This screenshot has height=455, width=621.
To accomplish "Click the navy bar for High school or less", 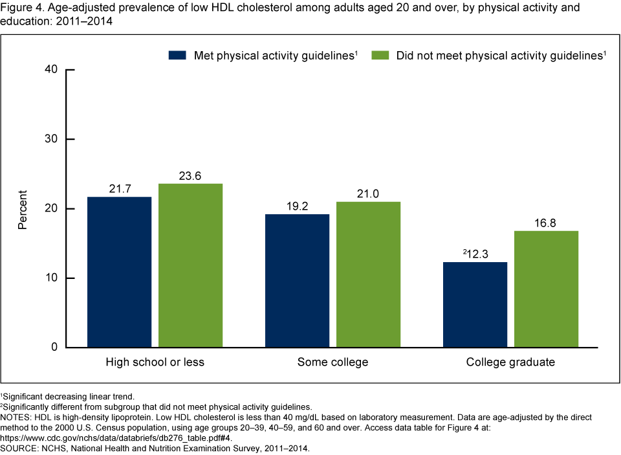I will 119,272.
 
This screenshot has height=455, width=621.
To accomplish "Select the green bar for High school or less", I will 190,265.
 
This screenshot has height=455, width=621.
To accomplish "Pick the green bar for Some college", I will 368,274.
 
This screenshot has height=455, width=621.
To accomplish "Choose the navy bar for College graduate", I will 475,304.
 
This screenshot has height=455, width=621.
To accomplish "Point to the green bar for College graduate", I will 546,289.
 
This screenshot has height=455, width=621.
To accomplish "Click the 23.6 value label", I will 190,175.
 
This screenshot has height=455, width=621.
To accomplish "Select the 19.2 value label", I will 297,206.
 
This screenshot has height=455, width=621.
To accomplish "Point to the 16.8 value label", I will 546,223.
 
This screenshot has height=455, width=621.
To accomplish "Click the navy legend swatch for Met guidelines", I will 177,56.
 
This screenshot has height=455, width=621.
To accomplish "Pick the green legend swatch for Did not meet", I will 380,56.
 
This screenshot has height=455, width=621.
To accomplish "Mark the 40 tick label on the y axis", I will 51,70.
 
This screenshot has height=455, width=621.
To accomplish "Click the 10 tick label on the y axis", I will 51,278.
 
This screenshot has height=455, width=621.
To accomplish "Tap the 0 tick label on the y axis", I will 54,348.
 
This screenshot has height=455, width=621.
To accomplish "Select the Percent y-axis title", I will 23,209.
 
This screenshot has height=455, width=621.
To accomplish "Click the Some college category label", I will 332,362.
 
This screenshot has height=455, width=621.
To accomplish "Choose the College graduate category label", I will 510,362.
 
